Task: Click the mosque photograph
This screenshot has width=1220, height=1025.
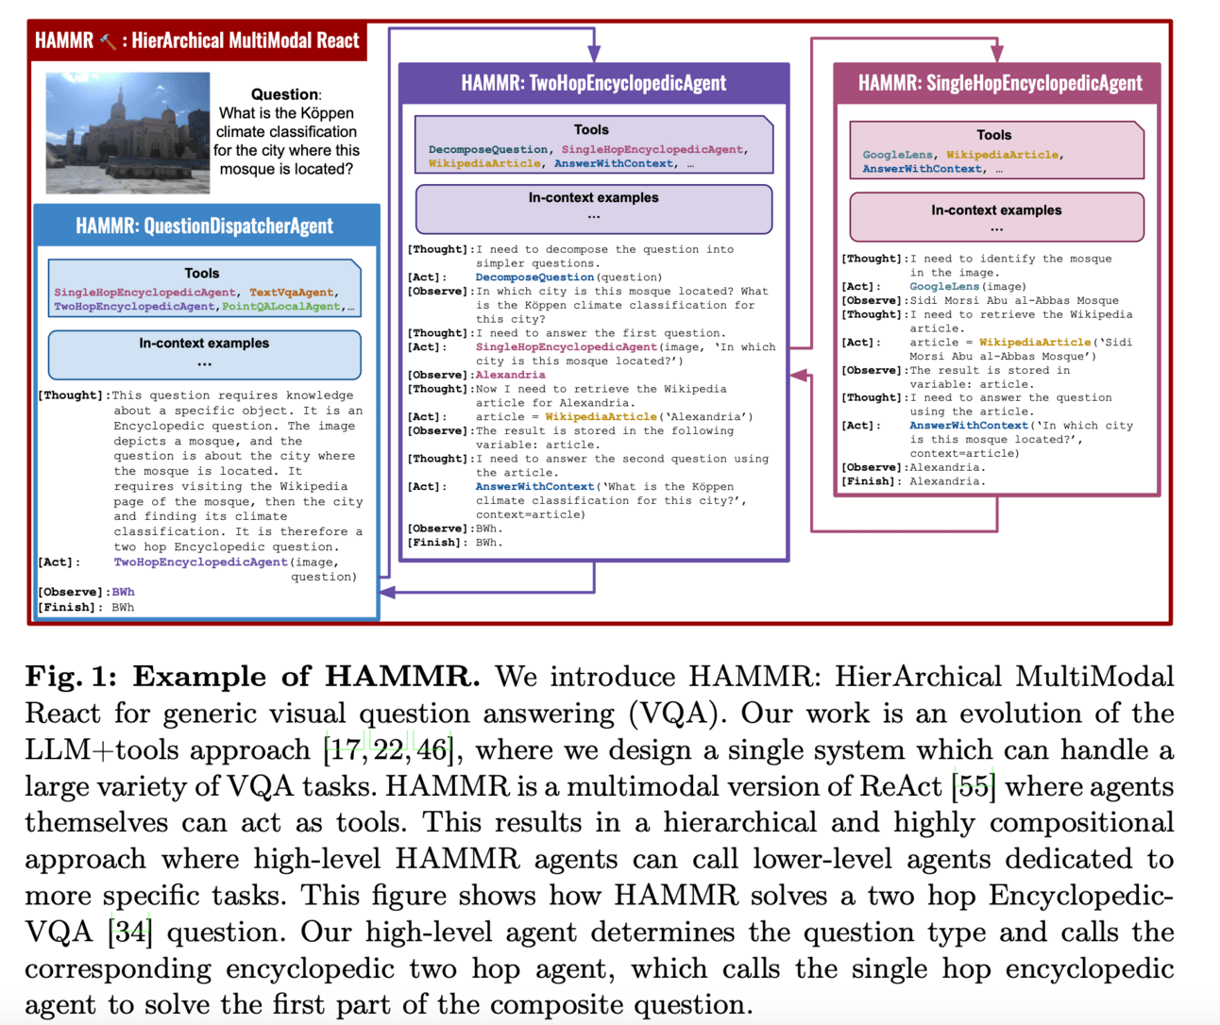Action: coord(127,132)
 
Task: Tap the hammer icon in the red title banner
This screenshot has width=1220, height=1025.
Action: coord(109,42)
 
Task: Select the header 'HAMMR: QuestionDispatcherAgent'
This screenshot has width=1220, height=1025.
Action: coord(205,226)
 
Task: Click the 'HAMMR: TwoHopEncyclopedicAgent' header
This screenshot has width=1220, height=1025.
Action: coord(593,83)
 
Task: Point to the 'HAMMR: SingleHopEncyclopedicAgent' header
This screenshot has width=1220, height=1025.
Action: coord(999,83)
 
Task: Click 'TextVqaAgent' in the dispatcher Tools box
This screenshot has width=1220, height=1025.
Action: coord(291,293)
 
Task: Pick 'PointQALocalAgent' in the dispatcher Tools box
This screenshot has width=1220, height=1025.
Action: coord(280,307)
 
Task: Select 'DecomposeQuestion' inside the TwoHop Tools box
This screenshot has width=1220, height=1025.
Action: coord(487,149)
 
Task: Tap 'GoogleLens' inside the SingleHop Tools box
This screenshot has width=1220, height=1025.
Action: coord(897,155)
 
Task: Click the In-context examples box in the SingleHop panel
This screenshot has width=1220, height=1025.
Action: coord(996,217)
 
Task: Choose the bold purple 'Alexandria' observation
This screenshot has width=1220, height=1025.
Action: coord(510,375)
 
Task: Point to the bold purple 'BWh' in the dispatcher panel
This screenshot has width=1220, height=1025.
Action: coord(123,592)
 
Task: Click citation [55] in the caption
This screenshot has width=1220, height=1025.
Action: coord(973,786)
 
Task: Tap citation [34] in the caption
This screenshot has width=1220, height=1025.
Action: coord(129,933)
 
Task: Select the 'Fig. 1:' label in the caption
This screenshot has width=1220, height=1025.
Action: coord(71,677)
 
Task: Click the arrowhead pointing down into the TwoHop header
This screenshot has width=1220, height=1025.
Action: coord(593,54)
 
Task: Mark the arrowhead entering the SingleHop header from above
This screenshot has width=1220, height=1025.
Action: coord(997,54)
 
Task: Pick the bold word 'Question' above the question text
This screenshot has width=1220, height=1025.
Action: coord(284,94)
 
